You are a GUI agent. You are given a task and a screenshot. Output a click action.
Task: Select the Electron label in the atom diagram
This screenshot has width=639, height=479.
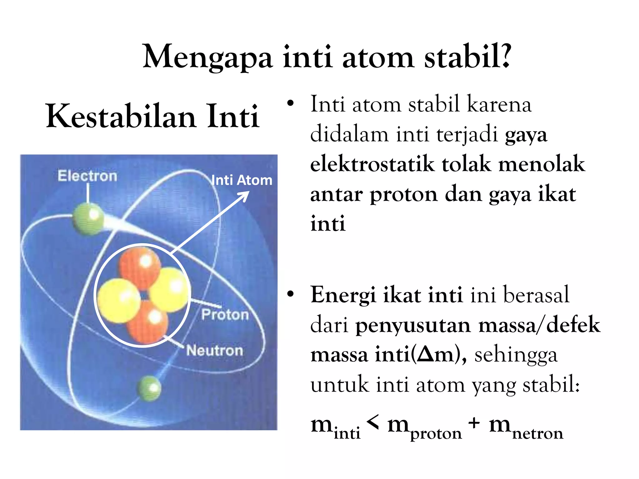[x=87, y=176]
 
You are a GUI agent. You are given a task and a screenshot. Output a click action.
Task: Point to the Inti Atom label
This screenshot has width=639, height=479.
[x=242, y=180]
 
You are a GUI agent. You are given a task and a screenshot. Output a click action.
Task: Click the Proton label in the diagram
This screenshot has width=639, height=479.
[x=225, y=314]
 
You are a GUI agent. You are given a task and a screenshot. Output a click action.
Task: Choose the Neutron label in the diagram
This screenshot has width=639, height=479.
[x=215, y=351]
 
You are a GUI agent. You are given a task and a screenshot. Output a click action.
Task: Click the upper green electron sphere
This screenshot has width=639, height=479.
[x=88, y=218]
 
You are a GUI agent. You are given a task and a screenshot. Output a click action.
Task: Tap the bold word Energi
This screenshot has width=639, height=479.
[x=343, y=295]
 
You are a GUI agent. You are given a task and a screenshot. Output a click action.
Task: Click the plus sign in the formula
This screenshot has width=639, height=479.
[x=474, y=423]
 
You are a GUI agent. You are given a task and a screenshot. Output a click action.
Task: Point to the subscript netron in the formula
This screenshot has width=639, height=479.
[x=538, y=433]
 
